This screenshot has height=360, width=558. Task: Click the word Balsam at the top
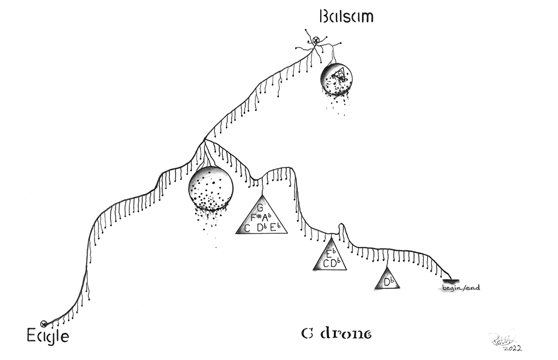[x=346, y=15]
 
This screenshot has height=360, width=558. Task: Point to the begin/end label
[x=461, y=288]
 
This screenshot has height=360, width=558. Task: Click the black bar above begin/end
[x=451, y=280]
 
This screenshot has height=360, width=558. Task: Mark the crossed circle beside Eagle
[x=44, y=324]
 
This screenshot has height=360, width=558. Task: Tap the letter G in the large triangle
[x=261, y=207]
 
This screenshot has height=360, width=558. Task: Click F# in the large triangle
[x=255, y=217]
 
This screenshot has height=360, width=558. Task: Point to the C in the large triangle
[x=247, y=228]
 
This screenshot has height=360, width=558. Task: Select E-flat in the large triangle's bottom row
[x=275, y=228]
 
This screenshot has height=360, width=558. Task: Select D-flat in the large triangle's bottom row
[x=261, y=228]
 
